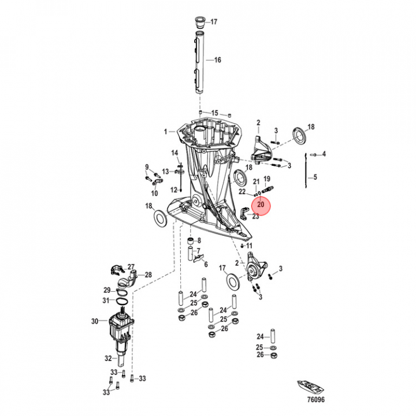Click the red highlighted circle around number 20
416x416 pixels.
click(x=261, y=205)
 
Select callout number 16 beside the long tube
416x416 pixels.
click(x=218, y=60)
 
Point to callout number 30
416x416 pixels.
click(x=95, y=322)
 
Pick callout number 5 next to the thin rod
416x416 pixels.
click(x=315, y=177)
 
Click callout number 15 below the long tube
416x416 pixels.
click(x=214, y=113)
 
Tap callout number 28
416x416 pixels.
click(x=148, y=275)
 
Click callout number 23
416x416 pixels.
click(x=255, y=216)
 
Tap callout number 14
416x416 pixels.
click(x=175, y=153)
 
